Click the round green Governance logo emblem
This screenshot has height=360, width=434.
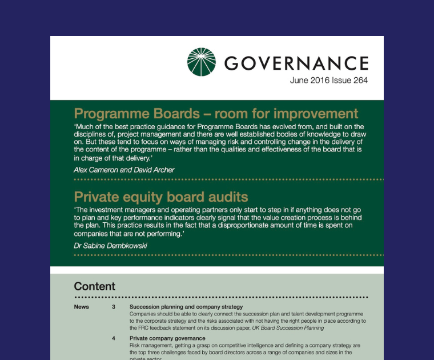[202, 61]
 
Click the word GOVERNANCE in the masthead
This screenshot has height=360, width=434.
[296, 62]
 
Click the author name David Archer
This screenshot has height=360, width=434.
[154, 170]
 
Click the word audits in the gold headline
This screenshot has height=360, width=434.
[227, 197]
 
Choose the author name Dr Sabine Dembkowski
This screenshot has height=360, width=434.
[111, 246]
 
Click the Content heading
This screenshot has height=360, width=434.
[95, 286]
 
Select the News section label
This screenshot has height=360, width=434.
[82, 307]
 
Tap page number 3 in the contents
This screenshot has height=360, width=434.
[113, 307]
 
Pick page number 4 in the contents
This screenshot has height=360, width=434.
[113, 338]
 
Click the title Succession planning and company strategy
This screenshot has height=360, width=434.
[186, 307]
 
